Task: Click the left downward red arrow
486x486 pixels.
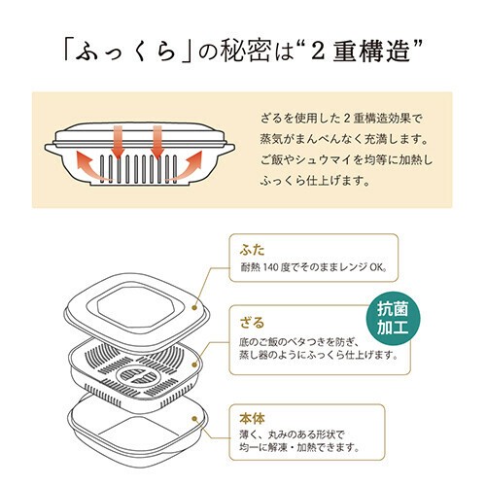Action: click(x=119, y=141)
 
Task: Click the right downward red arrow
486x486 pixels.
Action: click(x=157, y=142)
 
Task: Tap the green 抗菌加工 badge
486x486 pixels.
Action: click(x=393, y=319)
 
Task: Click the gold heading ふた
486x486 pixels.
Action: click(x=252, y=250)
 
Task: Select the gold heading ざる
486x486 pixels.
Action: click(x=252, y=323)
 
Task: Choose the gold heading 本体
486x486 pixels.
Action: click(x=252, y=419)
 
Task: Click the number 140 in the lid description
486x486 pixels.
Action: click(x=271, y=267)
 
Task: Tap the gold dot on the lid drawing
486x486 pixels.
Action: click(x=194, y=307)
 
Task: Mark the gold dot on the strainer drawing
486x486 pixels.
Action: click(x=194, y=364)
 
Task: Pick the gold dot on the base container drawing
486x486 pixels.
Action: click(x=194, y=419)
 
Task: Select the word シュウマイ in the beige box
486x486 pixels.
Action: click(x=324, y=160)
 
